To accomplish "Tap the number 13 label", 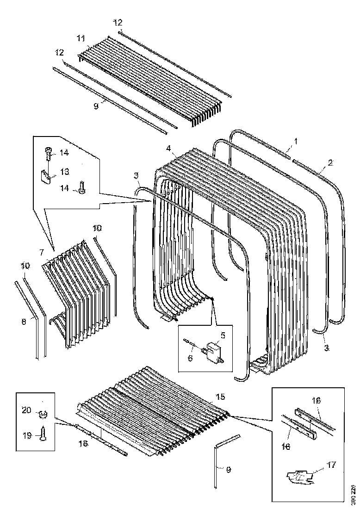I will tap(64, 172).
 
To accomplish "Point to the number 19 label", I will tap(26, 435).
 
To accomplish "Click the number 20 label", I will tap(26, 410).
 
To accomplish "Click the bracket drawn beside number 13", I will tap(45, 176).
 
